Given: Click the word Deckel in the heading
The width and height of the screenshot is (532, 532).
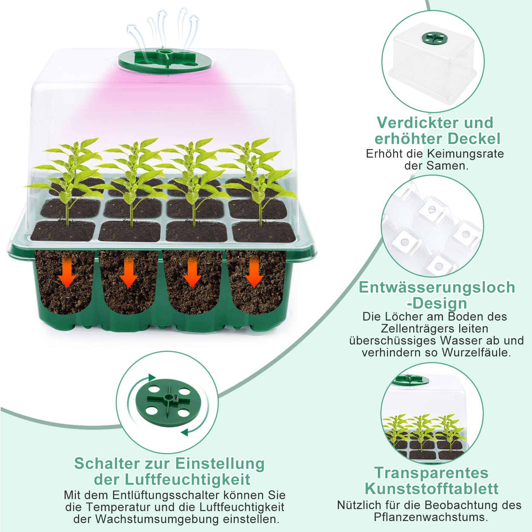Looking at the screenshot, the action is [x=474, y=139].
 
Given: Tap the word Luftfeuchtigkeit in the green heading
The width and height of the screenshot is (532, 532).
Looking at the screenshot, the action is [x=187, y=479].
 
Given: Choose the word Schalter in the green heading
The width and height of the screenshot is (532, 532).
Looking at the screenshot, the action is [x=107, y=463].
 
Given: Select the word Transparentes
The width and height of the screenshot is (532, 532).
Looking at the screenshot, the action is [x=432, y=473].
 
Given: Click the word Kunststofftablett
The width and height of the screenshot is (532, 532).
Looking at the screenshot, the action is [x=432, y=489].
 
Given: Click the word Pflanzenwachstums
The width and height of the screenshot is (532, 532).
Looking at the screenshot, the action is [x=431, y=517].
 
